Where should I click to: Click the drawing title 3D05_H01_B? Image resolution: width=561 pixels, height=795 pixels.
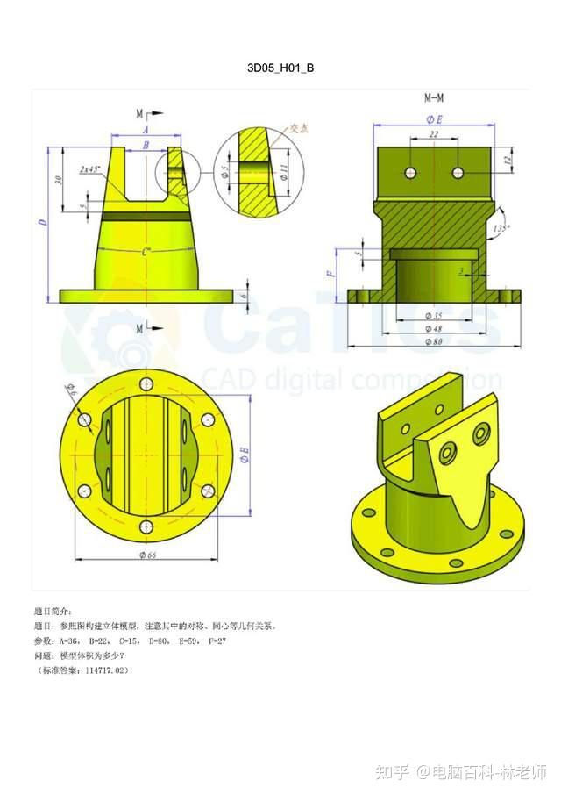point(280,68)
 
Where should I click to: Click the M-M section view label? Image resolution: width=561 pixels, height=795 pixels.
point(433,99)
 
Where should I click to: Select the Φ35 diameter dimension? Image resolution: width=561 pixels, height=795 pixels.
point(433,314)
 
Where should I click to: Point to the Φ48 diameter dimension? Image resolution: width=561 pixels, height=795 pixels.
point(433,328)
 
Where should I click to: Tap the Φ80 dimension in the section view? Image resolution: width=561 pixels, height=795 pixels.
point(433,342)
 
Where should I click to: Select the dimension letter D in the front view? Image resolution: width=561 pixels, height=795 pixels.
point(41,222)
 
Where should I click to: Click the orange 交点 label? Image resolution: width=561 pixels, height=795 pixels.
point(299,129)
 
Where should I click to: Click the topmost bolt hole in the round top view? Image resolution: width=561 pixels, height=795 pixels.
point(146,384)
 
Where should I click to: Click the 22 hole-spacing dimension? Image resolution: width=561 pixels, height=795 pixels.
point(433,135)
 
